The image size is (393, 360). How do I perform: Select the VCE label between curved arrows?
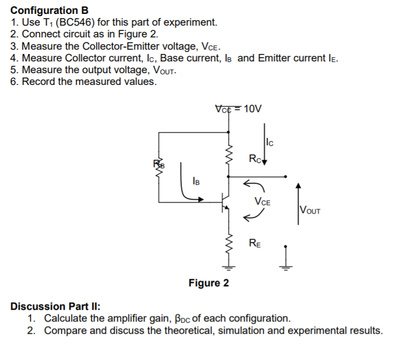pyautogui.click(x=263, y=202)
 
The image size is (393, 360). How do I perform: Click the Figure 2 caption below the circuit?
pyautogui.click(x=208, y=283)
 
